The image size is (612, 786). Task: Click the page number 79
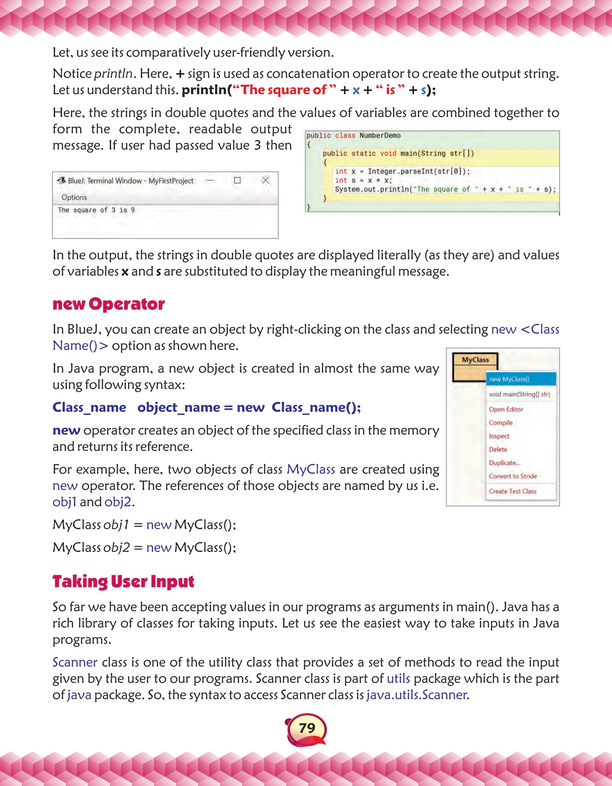point(307,727)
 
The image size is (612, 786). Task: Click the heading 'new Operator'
point(108,304)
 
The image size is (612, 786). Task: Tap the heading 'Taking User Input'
point(123,582)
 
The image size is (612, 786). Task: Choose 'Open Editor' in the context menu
point(506,409)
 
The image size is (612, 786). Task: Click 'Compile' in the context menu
point(501,423)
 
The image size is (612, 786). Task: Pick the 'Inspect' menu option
point(499,436)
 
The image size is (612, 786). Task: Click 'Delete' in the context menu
point(498,449)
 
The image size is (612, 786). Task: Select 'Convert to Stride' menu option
point(513,476)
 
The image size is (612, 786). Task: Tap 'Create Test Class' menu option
point(512,491)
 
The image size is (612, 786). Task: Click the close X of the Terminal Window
point(265,180)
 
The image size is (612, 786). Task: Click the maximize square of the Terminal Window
point(237,180)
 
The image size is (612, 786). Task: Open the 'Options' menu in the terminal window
point(74,197)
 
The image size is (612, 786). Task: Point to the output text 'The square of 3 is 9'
point(96,210)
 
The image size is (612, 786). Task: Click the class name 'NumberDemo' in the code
point(379,135)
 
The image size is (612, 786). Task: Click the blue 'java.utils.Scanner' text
point(417,695)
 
